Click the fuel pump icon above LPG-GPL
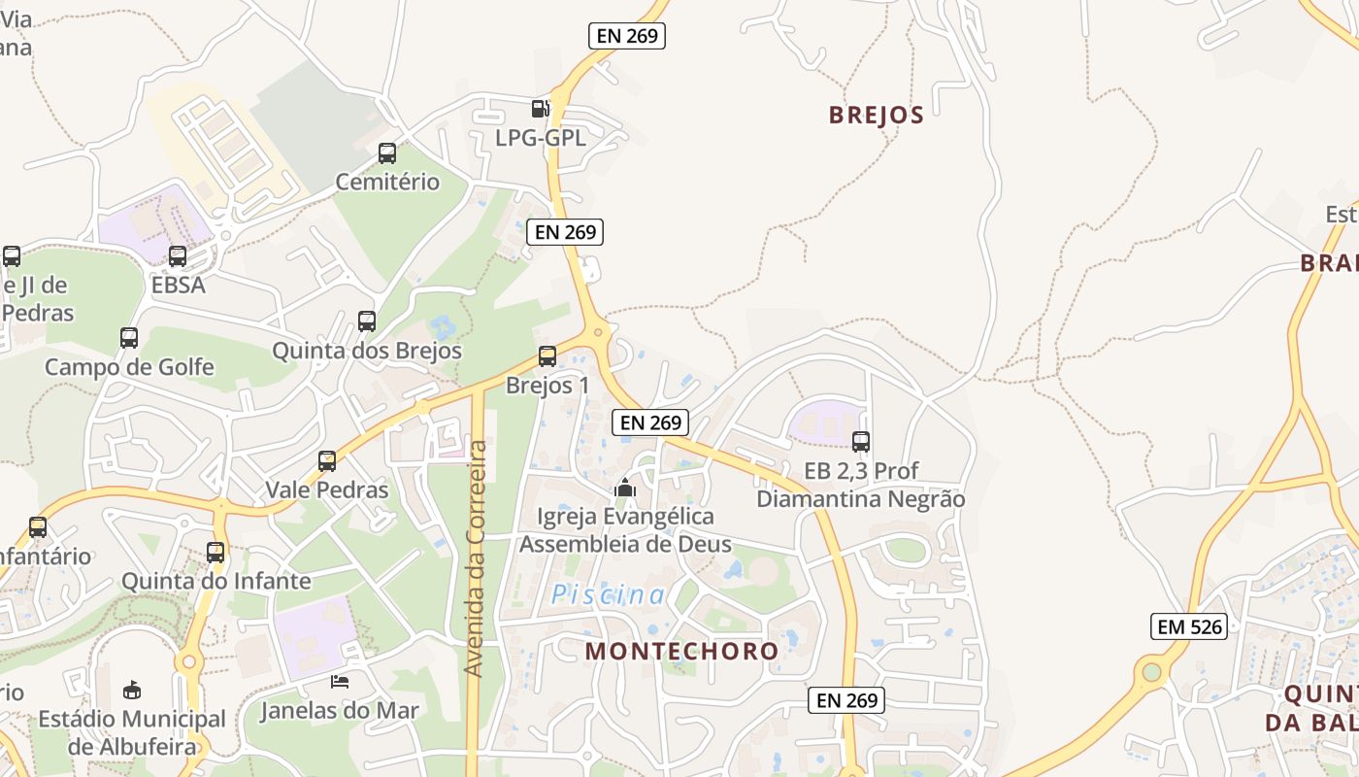coord(540,109)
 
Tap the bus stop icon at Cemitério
coord(386,153)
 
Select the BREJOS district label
coord(876,115)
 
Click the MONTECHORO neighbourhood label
coord(681,651)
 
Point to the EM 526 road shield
coord(1189,626)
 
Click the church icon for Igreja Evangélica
coord(624,488)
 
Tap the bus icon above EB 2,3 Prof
coord(860,442)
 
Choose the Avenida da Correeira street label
coord(475,558)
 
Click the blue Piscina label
coord(609,595)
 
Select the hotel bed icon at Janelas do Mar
coord(340,681)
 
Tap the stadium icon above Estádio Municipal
coord(132,690)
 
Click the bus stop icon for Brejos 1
coord(547,356)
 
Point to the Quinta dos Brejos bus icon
coord(366,321)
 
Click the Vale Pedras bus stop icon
coord(327,461)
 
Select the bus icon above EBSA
coord(178,256)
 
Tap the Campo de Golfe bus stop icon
coord(129,338)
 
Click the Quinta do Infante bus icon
coord(215,553)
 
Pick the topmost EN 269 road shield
coord(627,36)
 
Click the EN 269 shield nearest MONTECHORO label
coord(846,699)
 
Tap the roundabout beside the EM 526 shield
coord(1151,671)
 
